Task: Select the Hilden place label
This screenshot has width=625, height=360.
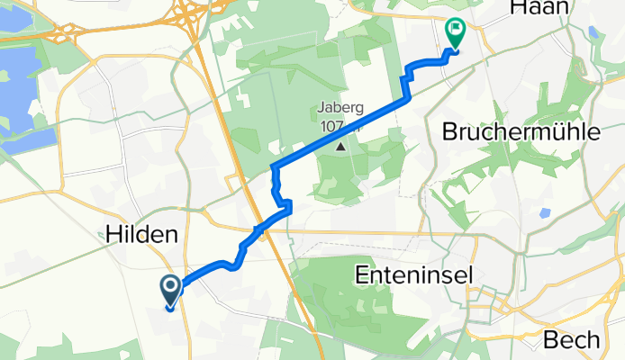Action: pyautogui.click(x=139, y=234)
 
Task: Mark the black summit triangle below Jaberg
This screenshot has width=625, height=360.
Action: pyautogui.click(x=340, y=144)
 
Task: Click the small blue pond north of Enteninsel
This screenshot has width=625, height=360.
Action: pyautogui.click(x=543, y=214)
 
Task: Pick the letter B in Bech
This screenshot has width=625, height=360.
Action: pyautogui.click(x=550, y=340)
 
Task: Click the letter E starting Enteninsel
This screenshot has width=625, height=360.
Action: pyautogui.click(x=362, y=272)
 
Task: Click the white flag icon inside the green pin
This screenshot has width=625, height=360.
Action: pyautogui.click(x=455, y=31)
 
